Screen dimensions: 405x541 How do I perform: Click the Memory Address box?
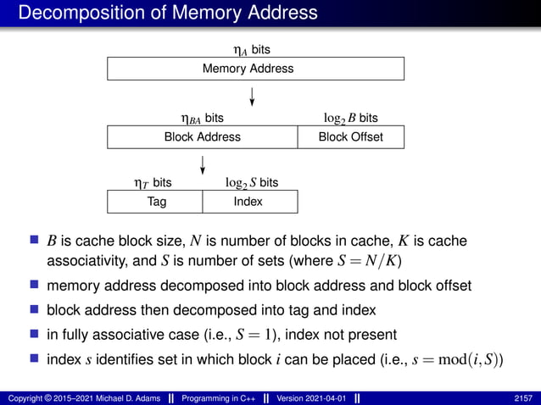[x=255, y=69]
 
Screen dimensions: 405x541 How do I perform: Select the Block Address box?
[x=202, y=137]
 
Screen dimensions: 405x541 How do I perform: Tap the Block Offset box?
[x=350, y=137]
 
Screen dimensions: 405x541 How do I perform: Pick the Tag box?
[x=156, y=202]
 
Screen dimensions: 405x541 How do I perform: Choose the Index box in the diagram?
[x=248, y=202]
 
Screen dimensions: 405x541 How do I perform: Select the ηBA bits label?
[x=197, y=119]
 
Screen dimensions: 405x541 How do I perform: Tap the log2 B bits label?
[x=351, y=119]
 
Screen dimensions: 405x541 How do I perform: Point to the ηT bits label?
[x=153, y=183]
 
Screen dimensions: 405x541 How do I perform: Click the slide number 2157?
[x=524, y=397]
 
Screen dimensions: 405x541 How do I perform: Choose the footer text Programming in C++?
[x=209, y=397]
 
